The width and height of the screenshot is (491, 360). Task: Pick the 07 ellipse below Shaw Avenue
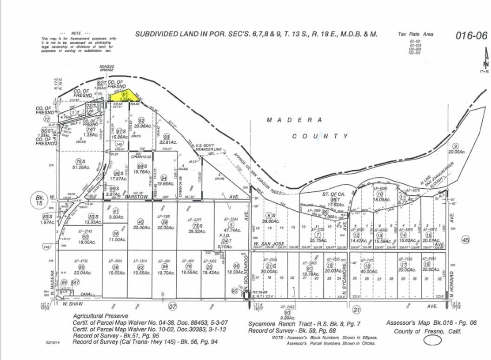tap(173, 307)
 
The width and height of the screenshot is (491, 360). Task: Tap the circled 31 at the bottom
tap(357, 309)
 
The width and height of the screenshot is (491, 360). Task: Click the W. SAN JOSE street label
tap(268, 244)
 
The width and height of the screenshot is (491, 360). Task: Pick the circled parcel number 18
tap(366, 265)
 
